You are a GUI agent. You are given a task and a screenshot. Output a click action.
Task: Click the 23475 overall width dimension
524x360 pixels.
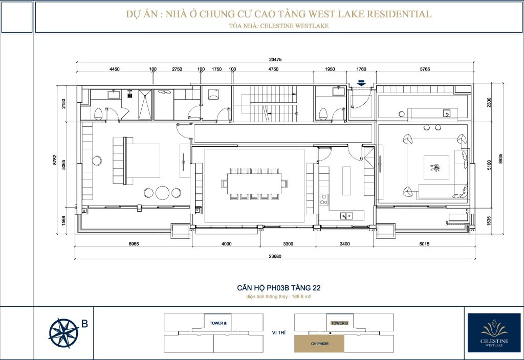(x=275, y=59)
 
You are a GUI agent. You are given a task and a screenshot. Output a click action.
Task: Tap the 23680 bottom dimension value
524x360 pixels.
(x=275, y=257)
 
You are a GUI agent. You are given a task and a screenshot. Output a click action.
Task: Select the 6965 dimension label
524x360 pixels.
(x=134, y=244)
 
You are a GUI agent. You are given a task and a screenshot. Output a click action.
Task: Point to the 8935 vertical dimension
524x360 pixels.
(x=500, y=159)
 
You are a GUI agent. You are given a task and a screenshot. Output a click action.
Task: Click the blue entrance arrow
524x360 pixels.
(x=361, y=83)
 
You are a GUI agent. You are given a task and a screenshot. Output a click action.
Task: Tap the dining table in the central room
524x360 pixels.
(x=254, y=184)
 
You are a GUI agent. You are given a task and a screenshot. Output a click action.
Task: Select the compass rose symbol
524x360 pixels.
(x=63, y=333)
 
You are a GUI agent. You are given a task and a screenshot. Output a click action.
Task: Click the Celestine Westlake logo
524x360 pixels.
(x=494, y=332)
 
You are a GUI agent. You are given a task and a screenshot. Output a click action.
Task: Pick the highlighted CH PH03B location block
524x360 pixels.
(x=319, y=344)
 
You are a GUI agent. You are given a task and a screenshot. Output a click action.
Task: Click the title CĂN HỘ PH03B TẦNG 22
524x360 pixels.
(x=279, y=288)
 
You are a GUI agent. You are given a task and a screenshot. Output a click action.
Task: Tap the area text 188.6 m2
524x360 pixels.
(x=301, y=297)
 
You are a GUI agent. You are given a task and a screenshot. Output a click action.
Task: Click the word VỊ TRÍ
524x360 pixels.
(x=279, y=333)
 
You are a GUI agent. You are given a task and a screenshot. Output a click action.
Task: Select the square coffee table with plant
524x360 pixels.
(x=436, y=167)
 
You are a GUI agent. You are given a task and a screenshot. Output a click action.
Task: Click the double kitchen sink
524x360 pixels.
(x=346, y=216)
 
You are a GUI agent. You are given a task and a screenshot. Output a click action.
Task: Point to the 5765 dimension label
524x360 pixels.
(x=425, y=69)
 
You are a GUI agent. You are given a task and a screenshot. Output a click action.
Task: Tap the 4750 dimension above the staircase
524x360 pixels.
(x=273, y=69)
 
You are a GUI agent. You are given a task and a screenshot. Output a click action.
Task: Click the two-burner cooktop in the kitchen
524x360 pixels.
(x=323, y=199)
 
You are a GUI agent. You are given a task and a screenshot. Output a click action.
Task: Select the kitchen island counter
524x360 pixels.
(x=346, y=181)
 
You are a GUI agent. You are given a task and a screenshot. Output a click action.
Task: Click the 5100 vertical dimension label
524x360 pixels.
(x=489, y=165)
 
